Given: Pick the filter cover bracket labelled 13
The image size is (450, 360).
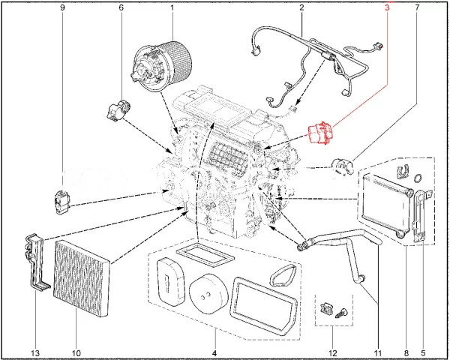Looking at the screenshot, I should coord(34,259).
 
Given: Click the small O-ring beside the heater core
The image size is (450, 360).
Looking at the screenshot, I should coord(418,178).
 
